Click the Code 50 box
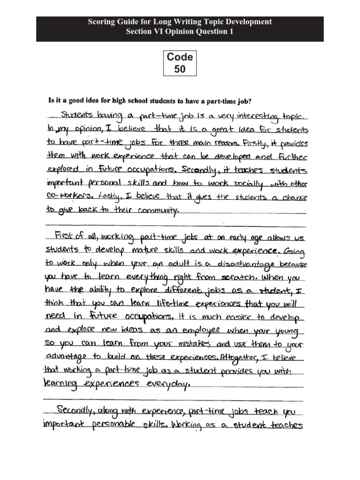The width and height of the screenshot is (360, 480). tap(180, 63)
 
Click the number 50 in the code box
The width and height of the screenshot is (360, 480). tap(180, 70)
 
